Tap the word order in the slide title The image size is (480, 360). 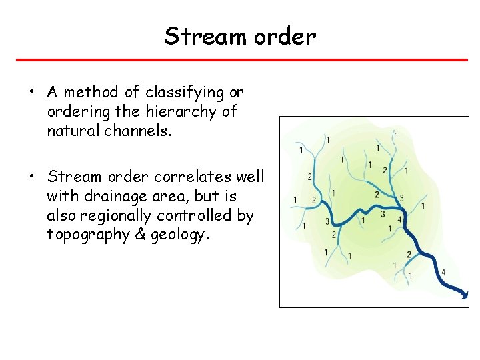(x=284, y=37)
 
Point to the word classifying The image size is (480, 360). (x=175, y=93)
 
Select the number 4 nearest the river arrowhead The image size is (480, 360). (x=443, y=272)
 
